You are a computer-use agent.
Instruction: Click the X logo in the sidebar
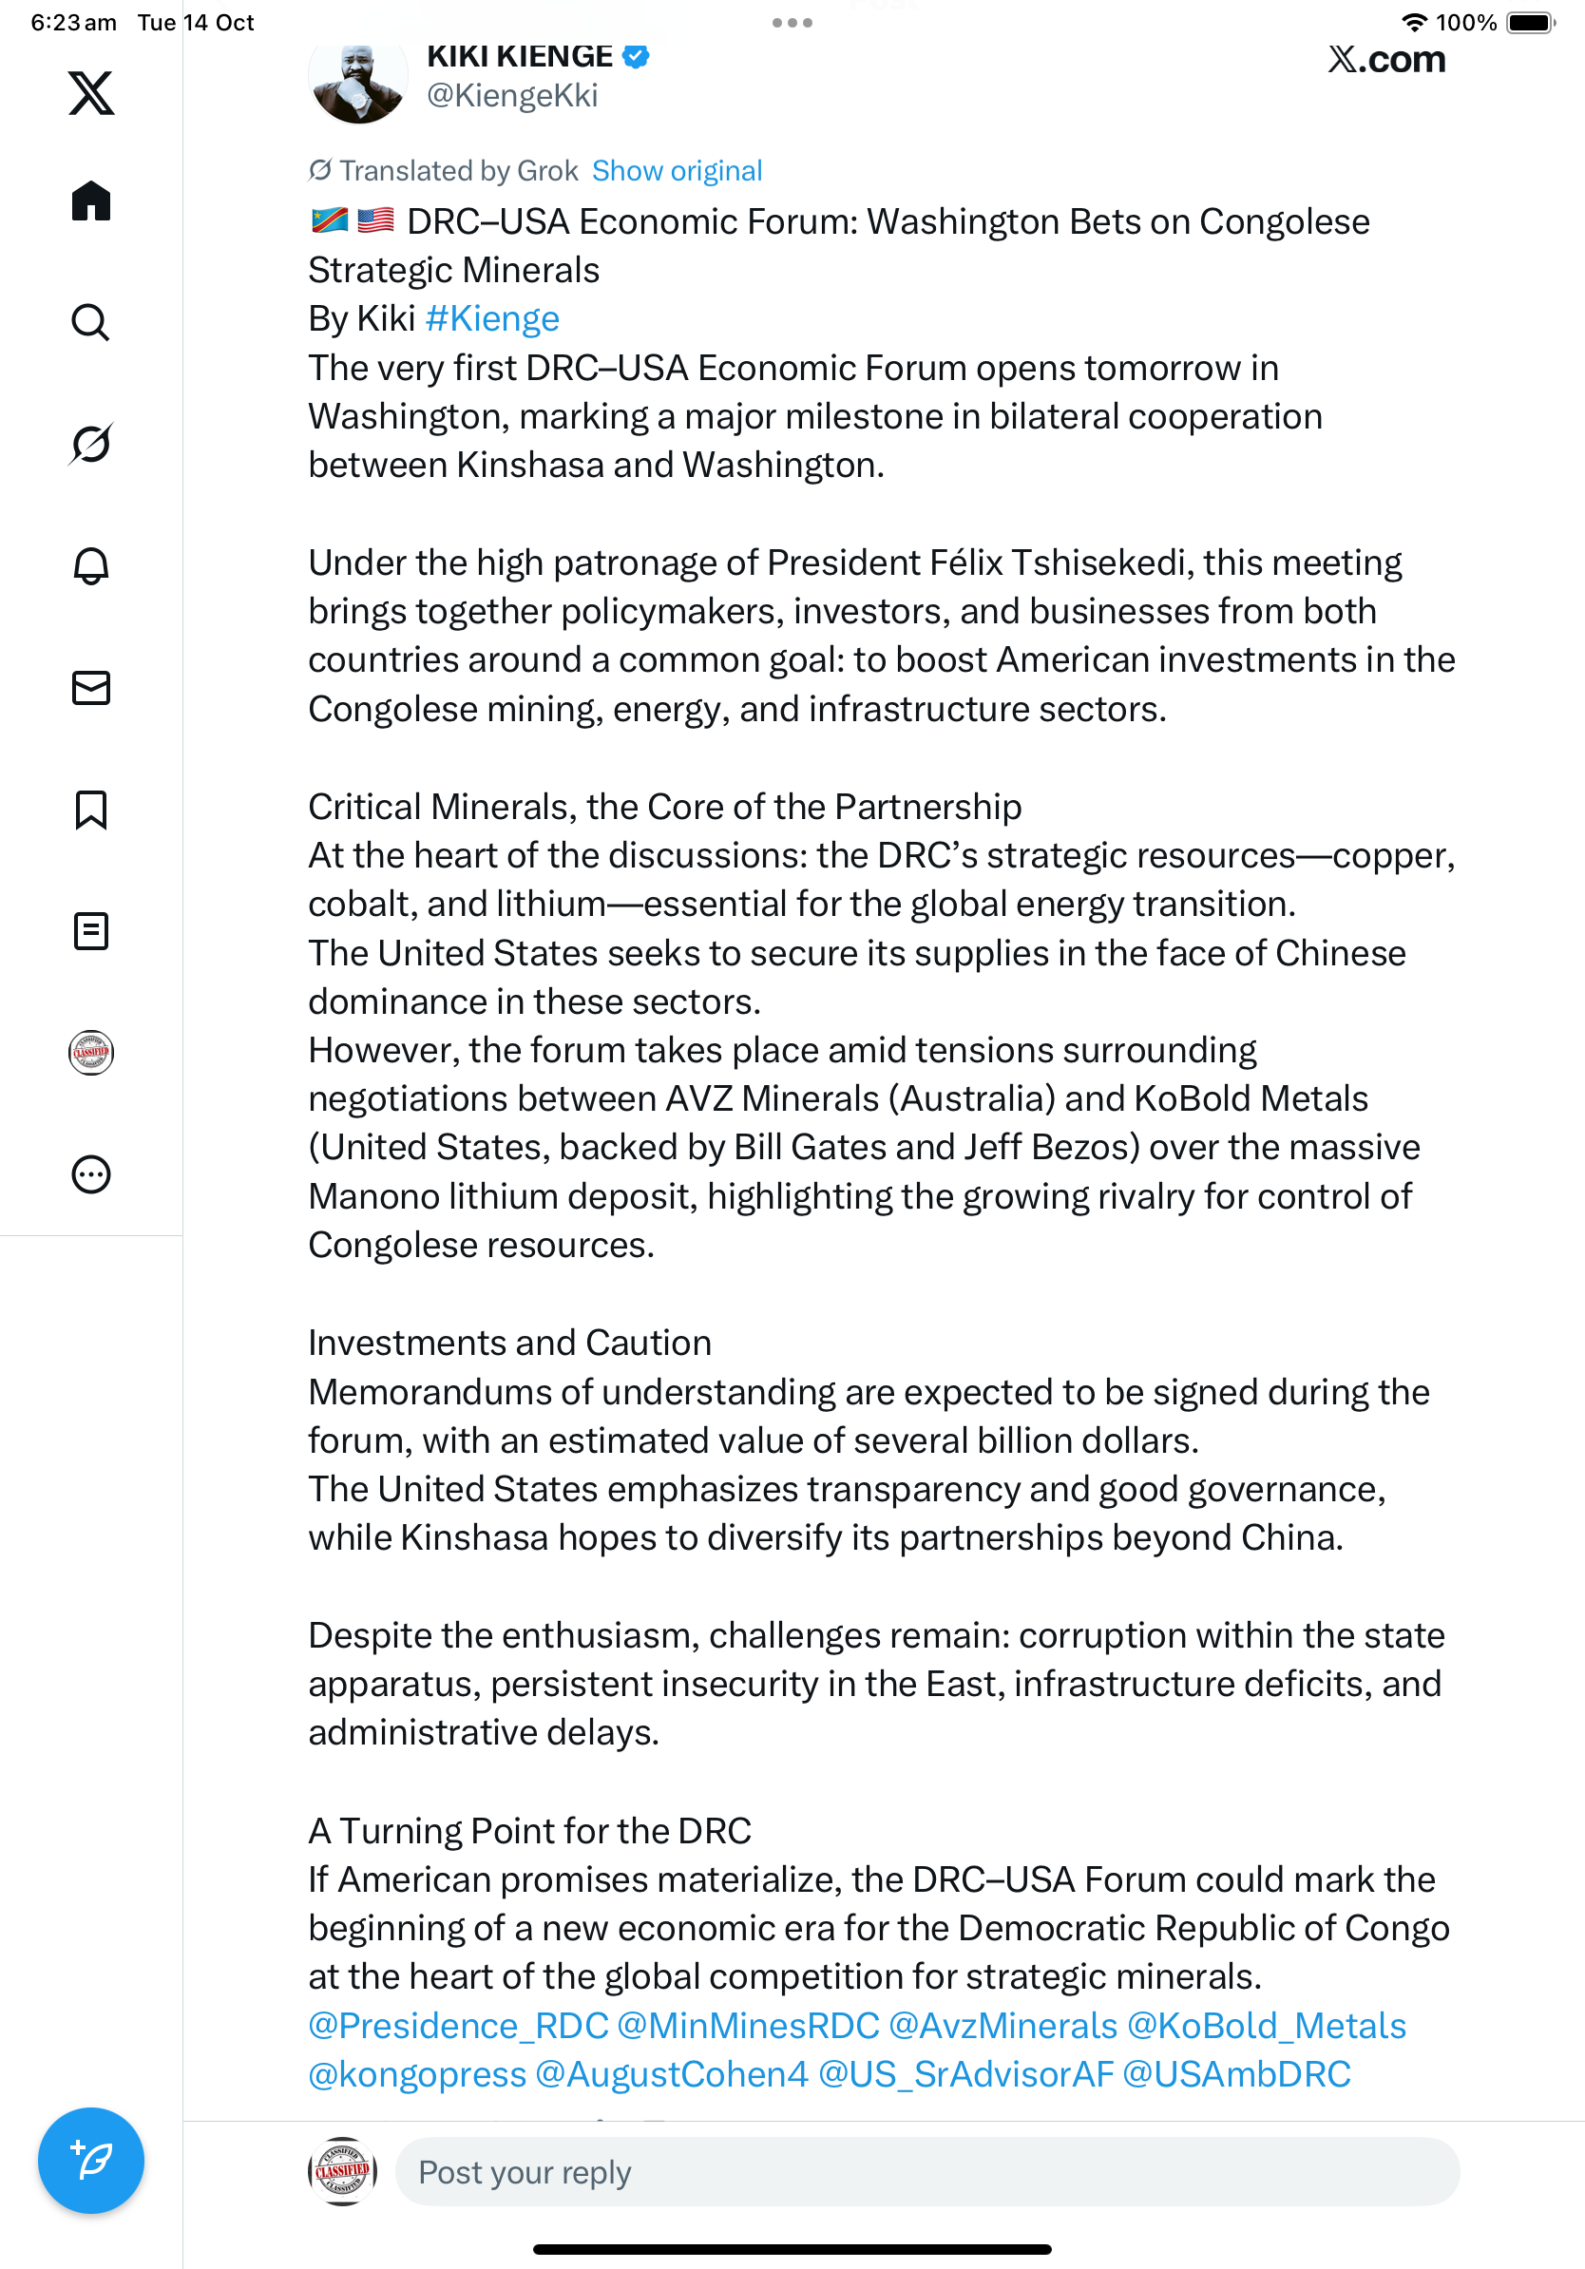tap(91, 93)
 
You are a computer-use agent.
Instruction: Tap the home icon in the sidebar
tap(91, 200)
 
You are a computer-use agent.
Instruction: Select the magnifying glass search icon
tap(91, 322)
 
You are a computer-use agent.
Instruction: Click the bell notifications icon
tap(91, 565)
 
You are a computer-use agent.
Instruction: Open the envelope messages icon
tap(91, 688)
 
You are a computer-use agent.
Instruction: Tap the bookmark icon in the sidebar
tap(91, 810)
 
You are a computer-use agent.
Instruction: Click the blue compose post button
tap(91, 2161)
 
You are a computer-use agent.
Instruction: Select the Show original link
tap(677, 171)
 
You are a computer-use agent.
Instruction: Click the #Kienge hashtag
tap(492, 319)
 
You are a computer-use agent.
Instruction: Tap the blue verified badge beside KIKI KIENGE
tap(636, 56)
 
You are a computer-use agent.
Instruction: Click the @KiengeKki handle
tap(512, 96)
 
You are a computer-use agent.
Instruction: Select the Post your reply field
tap(926, 2172)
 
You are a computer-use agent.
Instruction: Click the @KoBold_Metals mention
tap(1266, 2026)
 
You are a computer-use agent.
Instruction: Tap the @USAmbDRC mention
tap(1236, 2074)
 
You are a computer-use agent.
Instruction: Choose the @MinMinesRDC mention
tap(748, 2026)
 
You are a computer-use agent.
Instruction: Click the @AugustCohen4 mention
tap(671, 2074)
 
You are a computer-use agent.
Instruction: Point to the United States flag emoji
tap(375, 220)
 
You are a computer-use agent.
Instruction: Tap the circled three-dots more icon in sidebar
tap(91, 1174)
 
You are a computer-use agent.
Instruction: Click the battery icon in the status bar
tap(1530, 23)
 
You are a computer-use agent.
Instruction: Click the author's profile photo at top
tap(357, 82)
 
